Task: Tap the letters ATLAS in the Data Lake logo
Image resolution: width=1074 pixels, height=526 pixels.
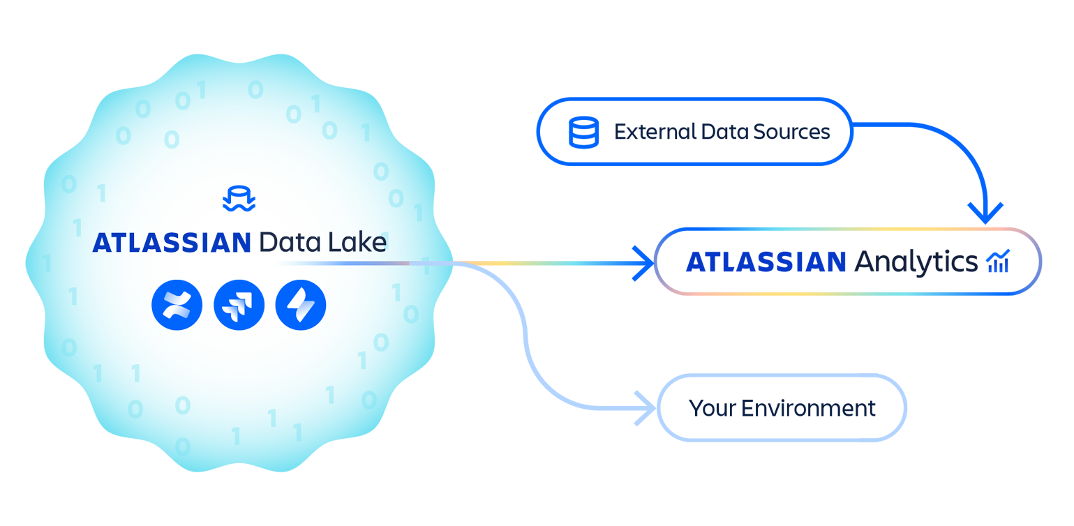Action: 137,242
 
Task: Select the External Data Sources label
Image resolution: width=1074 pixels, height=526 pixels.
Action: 722,130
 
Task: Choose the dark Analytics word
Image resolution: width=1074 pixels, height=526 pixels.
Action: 917,261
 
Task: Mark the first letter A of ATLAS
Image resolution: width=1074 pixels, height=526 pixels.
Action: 103,242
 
